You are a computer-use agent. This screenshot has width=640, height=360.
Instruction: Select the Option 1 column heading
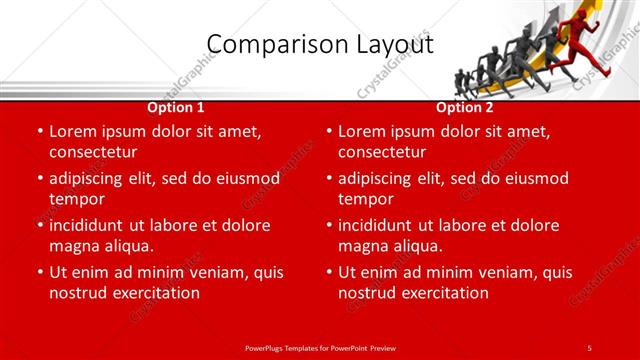coord(176,107)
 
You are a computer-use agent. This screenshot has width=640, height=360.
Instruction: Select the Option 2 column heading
coord(465,107)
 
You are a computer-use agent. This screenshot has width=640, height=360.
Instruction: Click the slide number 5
coord(590,347)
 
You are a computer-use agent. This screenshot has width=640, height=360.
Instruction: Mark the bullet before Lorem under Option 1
coord(39,131)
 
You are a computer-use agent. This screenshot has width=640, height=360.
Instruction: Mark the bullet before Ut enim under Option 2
coord(328,272)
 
